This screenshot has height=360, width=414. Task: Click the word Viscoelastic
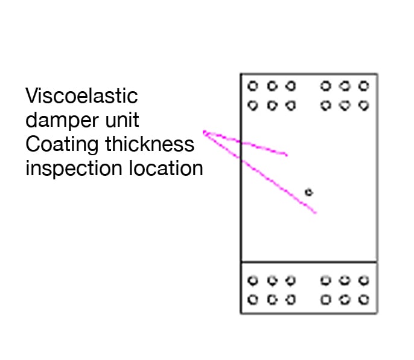click(x=81, y=95)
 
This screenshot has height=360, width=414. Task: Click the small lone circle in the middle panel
click(x=309, y=192)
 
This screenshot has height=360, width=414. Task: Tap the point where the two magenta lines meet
click(x=204, y=132)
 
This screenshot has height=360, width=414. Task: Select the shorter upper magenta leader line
click(x=247, y=144)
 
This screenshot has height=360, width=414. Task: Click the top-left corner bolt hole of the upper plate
click(x=253, y=86)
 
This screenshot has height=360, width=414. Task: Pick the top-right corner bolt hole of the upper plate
click(x=363, y=86)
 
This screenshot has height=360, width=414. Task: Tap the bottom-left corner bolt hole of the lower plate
click(x=253, y=299)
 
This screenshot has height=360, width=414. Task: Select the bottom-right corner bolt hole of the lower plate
click(x=363, y=299)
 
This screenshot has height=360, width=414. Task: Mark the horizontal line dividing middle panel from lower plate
click(x=309, y=262)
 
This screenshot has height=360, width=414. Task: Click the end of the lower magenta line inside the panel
click(x=315, y=213)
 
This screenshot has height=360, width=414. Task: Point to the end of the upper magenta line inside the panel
click(x=287, y=155)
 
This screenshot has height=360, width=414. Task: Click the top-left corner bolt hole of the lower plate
click(x=253, y=280)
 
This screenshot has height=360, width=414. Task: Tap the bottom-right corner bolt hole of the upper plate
click(x=363, y=105)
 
